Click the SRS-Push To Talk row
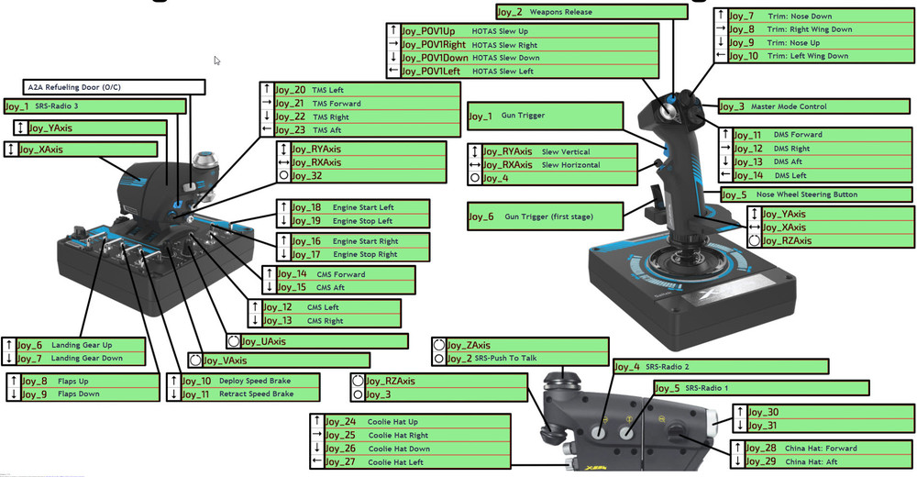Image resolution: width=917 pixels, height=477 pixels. click(519, 358)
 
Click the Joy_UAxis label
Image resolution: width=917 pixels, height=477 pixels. click(316, 341)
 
